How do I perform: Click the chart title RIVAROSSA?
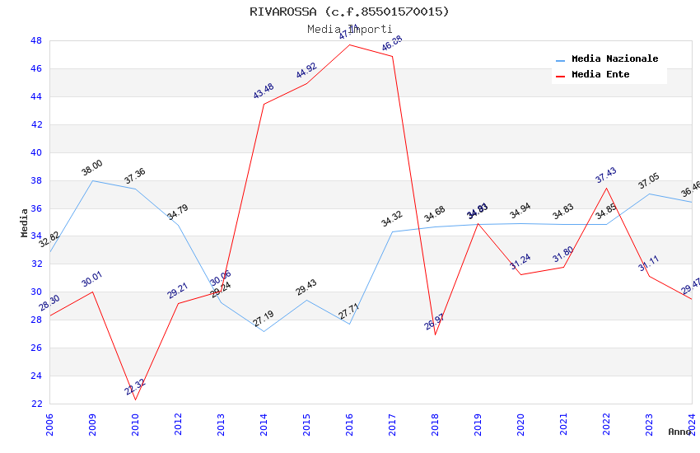point(349,12)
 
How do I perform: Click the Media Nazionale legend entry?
point(614,59)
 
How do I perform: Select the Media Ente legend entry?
point(600,75)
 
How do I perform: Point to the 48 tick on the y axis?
point(36,40)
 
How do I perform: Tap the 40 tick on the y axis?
point(36,152)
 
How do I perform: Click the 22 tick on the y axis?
point(36,404)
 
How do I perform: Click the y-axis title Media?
point(25,222)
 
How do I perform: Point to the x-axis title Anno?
point(679,432)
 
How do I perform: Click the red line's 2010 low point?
point(135,399)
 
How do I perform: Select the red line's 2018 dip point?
point(435,334)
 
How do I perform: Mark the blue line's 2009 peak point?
point(92,180)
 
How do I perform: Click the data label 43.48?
point(264,91)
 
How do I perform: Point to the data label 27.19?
point(264,318)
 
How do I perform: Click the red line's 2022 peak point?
point(606,188)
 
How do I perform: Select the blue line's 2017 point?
point(392,231)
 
